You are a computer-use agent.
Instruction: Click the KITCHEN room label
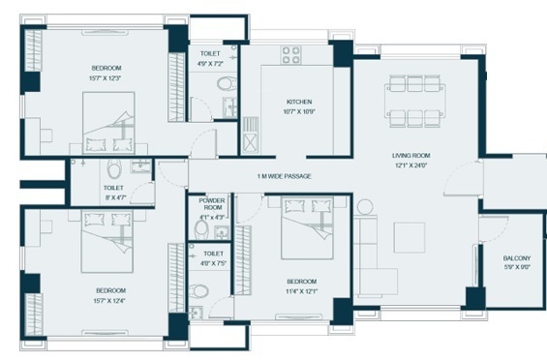pyautogui.click(x=298, y=102)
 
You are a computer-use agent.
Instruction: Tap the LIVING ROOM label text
pyautogui.click(x=410, y=155)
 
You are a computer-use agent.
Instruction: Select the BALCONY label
pyautogui.click(x=516, y=258)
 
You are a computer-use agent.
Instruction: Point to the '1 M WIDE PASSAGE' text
pyautogui.click(x=280, y=177)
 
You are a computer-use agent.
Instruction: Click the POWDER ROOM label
pyautogui.click(x=211, y=204)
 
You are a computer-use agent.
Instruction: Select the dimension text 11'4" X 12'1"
pyautogui.click(x=301, y=290)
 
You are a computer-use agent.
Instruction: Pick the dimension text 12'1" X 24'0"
pyautogui.click(x=410, y=165)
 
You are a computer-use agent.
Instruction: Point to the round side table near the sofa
pyautogui.click(x=365, y=206)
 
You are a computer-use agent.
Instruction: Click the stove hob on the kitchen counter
pyautogui.click(x=289, y=55)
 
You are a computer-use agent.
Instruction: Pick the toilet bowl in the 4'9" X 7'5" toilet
pyautogui.click(x=200, y=290)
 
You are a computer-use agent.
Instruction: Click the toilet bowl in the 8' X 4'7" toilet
pyautogui.click(x=114, y=171)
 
